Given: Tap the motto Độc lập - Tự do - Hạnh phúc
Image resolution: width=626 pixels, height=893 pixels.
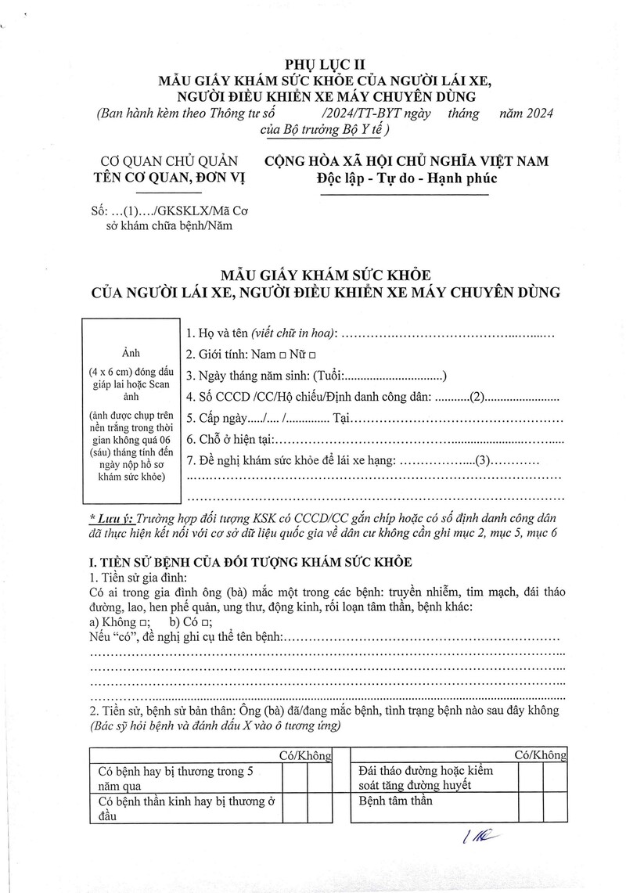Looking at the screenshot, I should [x=407, y=178].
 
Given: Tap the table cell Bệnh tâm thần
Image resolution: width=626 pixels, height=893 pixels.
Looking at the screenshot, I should [x=396, y=801].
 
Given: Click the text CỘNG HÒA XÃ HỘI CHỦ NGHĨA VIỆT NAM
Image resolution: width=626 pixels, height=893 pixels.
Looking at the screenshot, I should [x=407, y=161].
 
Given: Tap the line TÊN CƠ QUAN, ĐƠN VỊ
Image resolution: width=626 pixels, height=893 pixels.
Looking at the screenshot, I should [x=169, y=178].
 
